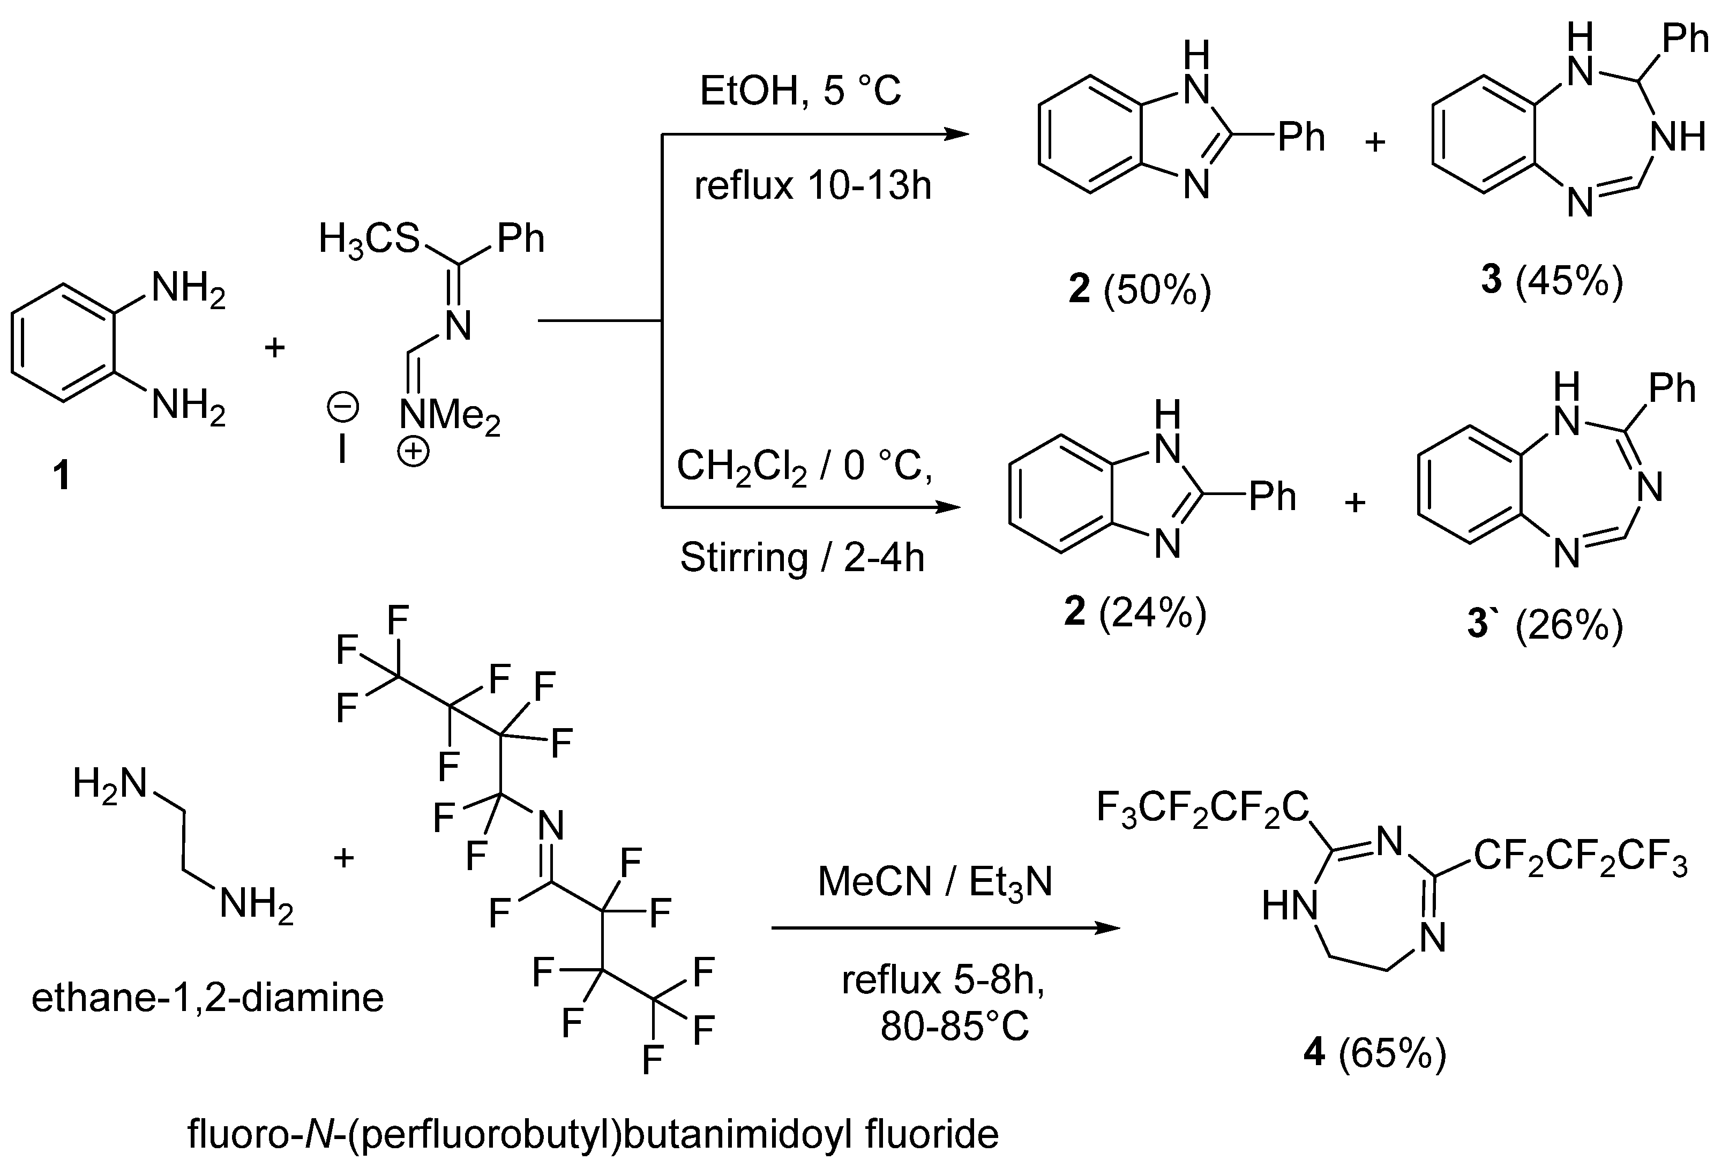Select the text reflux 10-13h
(x=812, y=185)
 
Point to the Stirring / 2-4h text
(x=802, y=557)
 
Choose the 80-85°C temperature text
(x=955, y=1026)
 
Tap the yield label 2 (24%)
(x=1135, y=613)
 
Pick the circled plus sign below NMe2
(x=413, y=452)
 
